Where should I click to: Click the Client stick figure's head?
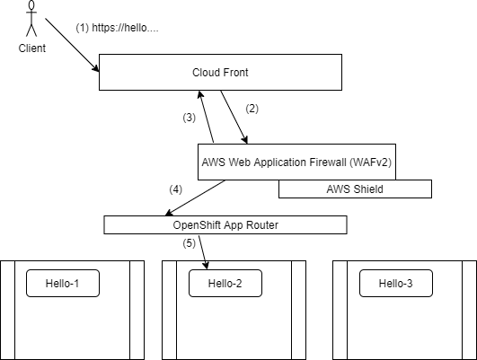[x=31, y=5]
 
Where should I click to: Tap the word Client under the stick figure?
[x=32, y=48]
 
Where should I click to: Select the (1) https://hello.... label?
[x=117, y=28]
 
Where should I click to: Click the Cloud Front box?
[x=221, y=73]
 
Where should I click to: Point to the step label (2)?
[x=252, y=109]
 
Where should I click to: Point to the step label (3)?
[x=189, y=118]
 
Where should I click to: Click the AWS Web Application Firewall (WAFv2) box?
[x=297, y=162]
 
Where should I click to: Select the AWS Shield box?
[x=355, y=189]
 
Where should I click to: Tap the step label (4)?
[x=175, y=189]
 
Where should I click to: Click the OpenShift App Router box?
[x=225, y=225]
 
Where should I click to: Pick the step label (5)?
[x=189, y=243]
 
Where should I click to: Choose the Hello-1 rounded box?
[x=63, y=283]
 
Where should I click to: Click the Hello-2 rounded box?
[x=225, y=283]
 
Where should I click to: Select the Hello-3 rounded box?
[x=396, y=283]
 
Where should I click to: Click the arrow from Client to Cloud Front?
[x=72, y=45]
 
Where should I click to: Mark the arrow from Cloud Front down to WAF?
[x=234, y=117]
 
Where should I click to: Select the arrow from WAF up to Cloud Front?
[x=207, y=117]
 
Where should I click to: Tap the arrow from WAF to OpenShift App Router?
[x=195, y=198]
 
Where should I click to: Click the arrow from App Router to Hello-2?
[x=204, y=252]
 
